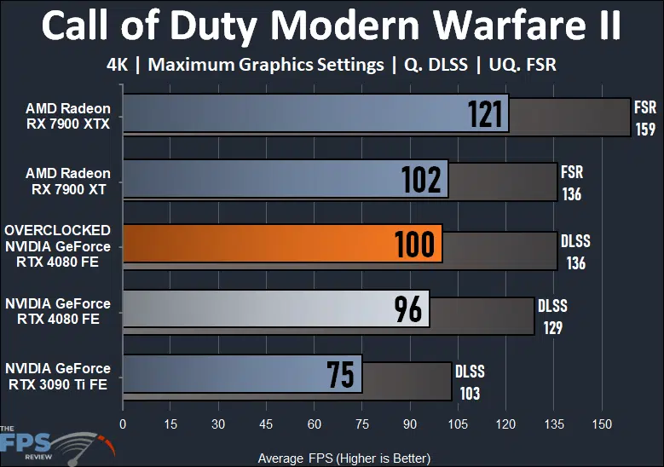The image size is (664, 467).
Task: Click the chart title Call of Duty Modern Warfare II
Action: [x=332, y=27]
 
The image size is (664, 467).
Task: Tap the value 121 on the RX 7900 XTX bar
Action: [x=486, y=113]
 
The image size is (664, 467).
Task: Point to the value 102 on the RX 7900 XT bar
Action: [x=422, y=179]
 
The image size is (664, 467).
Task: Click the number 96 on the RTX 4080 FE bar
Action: [x=408, y=309]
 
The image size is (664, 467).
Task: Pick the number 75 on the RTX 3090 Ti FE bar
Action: [x=341, y=375]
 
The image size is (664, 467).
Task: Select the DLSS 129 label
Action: [x=551, y=316]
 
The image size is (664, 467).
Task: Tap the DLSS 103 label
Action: [x=469, y=382]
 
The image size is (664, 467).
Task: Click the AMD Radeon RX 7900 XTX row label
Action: [x=68, y=115]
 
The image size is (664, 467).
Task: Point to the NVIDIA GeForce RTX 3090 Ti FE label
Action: [x=58, y=376]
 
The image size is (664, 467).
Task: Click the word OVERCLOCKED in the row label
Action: [x=57, y=230]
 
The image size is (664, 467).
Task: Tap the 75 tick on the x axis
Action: [x=362, y=424]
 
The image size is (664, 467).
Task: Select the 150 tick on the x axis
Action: [x=602, y=424]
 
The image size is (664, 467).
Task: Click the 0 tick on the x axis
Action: [x=124, y=424]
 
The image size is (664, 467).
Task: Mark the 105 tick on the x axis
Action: [x=459, y=424]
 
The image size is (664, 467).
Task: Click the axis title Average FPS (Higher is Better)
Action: [x=344, y=458]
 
